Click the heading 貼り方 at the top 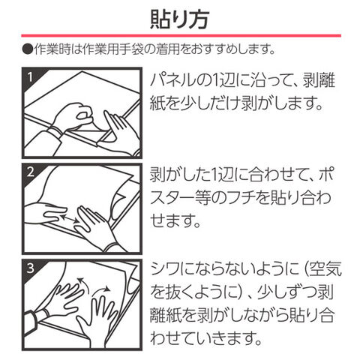179,19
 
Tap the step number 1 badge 30,77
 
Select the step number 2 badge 30,172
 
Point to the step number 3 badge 30,268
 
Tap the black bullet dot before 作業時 27,49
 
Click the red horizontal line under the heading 181,36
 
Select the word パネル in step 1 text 172,80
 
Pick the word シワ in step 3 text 165,269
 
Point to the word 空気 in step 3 325,269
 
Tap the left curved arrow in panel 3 82,283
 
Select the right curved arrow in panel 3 100,291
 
